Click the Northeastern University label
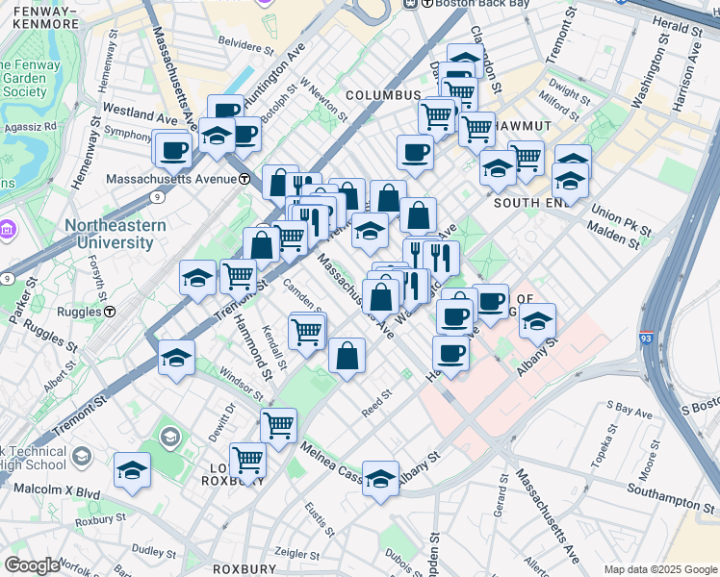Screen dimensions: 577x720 [x=116, y=234]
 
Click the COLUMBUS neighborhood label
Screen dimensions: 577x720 [x=383, y=95]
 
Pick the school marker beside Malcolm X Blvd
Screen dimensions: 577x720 [x=132, y=471]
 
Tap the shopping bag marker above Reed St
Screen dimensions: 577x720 [x=347, y=356]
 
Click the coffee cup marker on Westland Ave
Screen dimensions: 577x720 [x=174, y=150]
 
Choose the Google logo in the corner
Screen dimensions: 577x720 [x=31, y=565]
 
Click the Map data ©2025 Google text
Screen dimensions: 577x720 [x=660, y=569]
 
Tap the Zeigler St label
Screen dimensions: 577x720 [x=295, y=555]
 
